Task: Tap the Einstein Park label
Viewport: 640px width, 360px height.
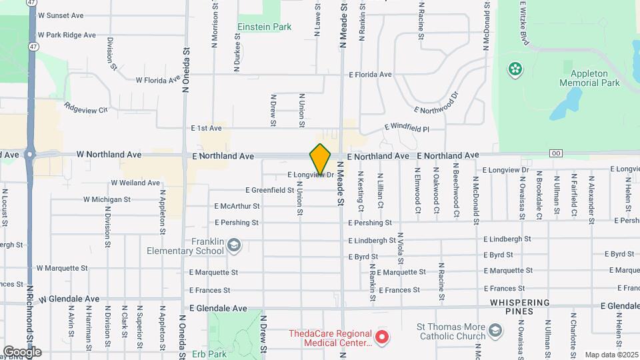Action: click(265, 27)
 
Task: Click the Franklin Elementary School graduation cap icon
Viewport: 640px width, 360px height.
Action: click(233, 246)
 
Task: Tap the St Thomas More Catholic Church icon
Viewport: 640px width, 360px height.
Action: click(495, 331)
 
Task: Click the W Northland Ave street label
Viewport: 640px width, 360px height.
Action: click(109, 155)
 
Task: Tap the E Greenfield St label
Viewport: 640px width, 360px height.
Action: click(270, 190)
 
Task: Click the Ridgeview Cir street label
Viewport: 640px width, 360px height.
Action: click(86, 107)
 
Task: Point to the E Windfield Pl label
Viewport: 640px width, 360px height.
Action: click(407, 128)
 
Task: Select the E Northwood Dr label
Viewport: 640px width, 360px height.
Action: click(437, 103)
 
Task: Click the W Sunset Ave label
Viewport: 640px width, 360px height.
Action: click(61, 15)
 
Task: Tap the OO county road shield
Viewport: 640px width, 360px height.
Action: click(555, 154)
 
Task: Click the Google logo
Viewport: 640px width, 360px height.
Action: click(22, 351)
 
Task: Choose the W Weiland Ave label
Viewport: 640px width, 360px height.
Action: click(135, 183)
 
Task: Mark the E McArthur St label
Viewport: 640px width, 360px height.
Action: click(237, 206)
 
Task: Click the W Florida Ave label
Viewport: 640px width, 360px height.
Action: click(158, 80)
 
